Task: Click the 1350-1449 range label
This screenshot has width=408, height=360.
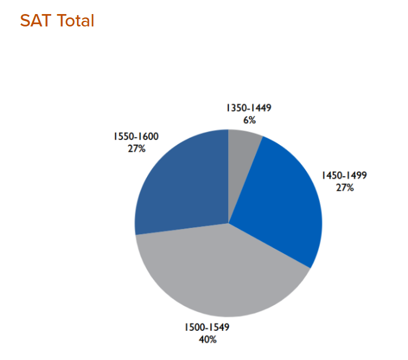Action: pos(249,107)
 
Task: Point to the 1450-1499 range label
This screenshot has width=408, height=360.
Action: pos(344,175)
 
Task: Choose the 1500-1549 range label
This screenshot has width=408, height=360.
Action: pos(207,327)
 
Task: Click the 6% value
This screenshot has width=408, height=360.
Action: pos(250,120)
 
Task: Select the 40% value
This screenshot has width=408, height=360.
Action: pos(207,339)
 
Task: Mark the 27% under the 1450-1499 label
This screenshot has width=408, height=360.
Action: pos(344,188)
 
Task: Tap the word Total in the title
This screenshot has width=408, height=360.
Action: pos(75,21)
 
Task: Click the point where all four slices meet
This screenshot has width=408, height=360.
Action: pos(229,223)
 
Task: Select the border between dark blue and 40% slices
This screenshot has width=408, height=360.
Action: pos(180,229)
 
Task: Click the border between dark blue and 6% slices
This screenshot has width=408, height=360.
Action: pos(229,174)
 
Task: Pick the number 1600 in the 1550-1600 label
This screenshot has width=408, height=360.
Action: pos(148,136)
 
